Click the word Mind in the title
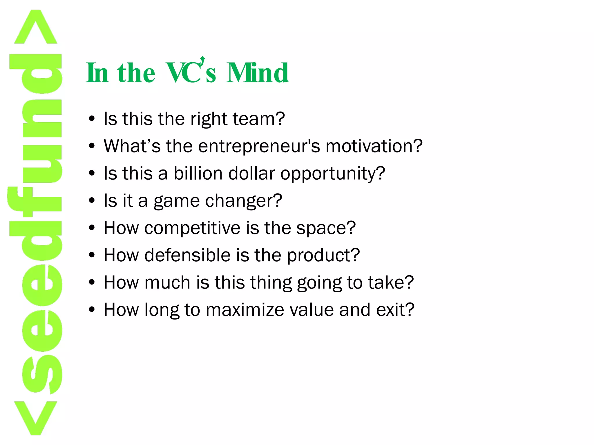click(x=257, y=73)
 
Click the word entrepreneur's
click(x=259, y=146)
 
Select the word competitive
click(x=192, y=228)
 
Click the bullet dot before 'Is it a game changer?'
click(x=92, y=200)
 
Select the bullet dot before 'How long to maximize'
click(x=92, y=309)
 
